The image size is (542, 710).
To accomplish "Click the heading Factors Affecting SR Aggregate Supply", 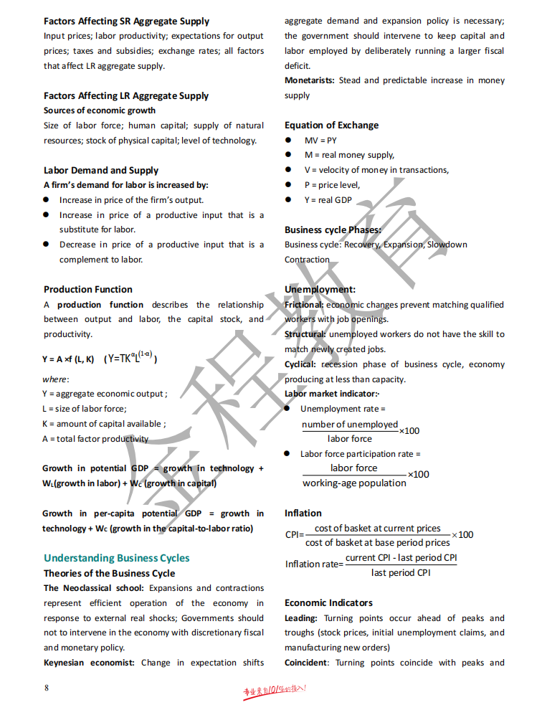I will pyautogui.click(x=126, y=22).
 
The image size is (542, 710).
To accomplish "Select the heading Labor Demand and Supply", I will pyautogui.click(x=101, y=171).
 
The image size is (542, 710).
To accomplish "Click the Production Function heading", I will pyautogui.click(x=88, y=290).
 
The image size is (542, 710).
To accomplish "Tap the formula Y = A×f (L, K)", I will pyautogui.click(x=68, y=359).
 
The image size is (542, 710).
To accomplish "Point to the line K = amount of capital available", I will pyautogui.click(x=104, y=424).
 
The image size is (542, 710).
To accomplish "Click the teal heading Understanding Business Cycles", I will pyautogui.click(x=117, y=558).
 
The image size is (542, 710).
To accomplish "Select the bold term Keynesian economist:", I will pyautogui.click(x=89, y=663).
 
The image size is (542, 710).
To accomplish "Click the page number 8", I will pyautogui.click(x=47, y=688).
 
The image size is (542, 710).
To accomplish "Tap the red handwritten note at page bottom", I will pyautogui.click(x=275, y=690).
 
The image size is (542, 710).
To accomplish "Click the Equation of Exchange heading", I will pyautogui.click(x=331, y=126).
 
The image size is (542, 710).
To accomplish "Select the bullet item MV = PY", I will pyautogui.click(x=320, y=141).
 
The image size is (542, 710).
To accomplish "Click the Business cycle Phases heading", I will pyautogui.click(x=333, y=230).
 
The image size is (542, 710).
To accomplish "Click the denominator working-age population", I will pyautogui.click(x=354, y=483).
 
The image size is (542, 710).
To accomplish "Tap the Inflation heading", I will pyautogui.click(x=303, y=513).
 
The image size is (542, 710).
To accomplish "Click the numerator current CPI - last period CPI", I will pyautogui.click(x=401, y=558).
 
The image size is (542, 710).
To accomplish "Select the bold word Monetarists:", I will pyautogui.click(x=310, y=80).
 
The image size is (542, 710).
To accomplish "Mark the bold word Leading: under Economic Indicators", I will pyautogui.click(x=301, y=618).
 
